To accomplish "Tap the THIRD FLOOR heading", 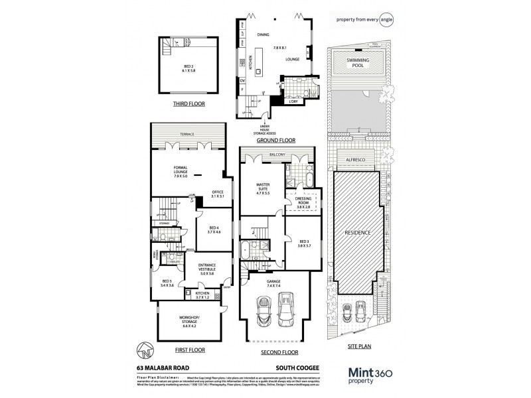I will click(187, 104).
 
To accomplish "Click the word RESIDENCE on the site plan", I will click(357, 233).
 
